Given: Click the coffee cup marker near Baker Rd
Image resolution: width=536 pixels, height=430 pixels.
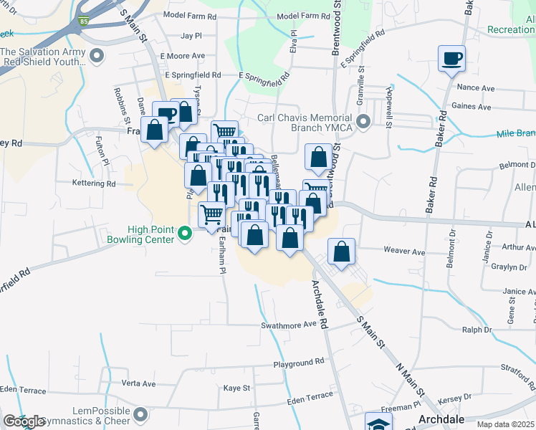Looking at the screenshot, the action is pos(452,59).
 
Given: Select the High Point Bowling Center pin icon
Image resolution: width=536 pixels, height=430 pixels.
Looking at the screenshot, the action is pos(185,233).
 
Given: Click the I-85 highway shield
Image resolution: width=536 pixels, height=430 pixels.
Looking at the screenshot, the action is pos(85,21).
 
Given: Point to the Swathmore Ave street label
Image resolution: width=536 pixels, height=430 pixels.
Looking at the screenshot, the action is pos(289,325).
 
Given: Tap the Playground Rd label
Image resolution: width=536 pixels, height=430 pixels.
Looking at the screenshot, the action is pos(299,364).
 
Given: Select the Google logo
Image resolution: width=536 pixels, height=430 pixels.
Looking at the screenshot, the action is pos(23,421).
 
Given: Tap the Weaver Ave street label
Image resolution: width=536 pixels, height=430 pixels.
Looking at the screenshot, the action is pos(404,252).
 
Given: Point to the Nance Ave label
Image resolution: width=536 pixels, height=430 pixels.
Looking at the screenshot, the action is pos(476,88).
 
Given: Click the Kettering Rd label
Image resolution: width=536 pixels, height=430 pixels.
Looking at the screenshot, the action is pos(94,183).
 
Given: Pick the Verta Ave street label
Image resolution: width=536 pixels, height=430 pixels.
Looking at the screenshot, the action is pos(139,383).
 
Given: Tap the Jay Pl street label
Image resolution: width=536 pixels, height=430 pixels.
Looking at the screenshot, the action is pos(191,35).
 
